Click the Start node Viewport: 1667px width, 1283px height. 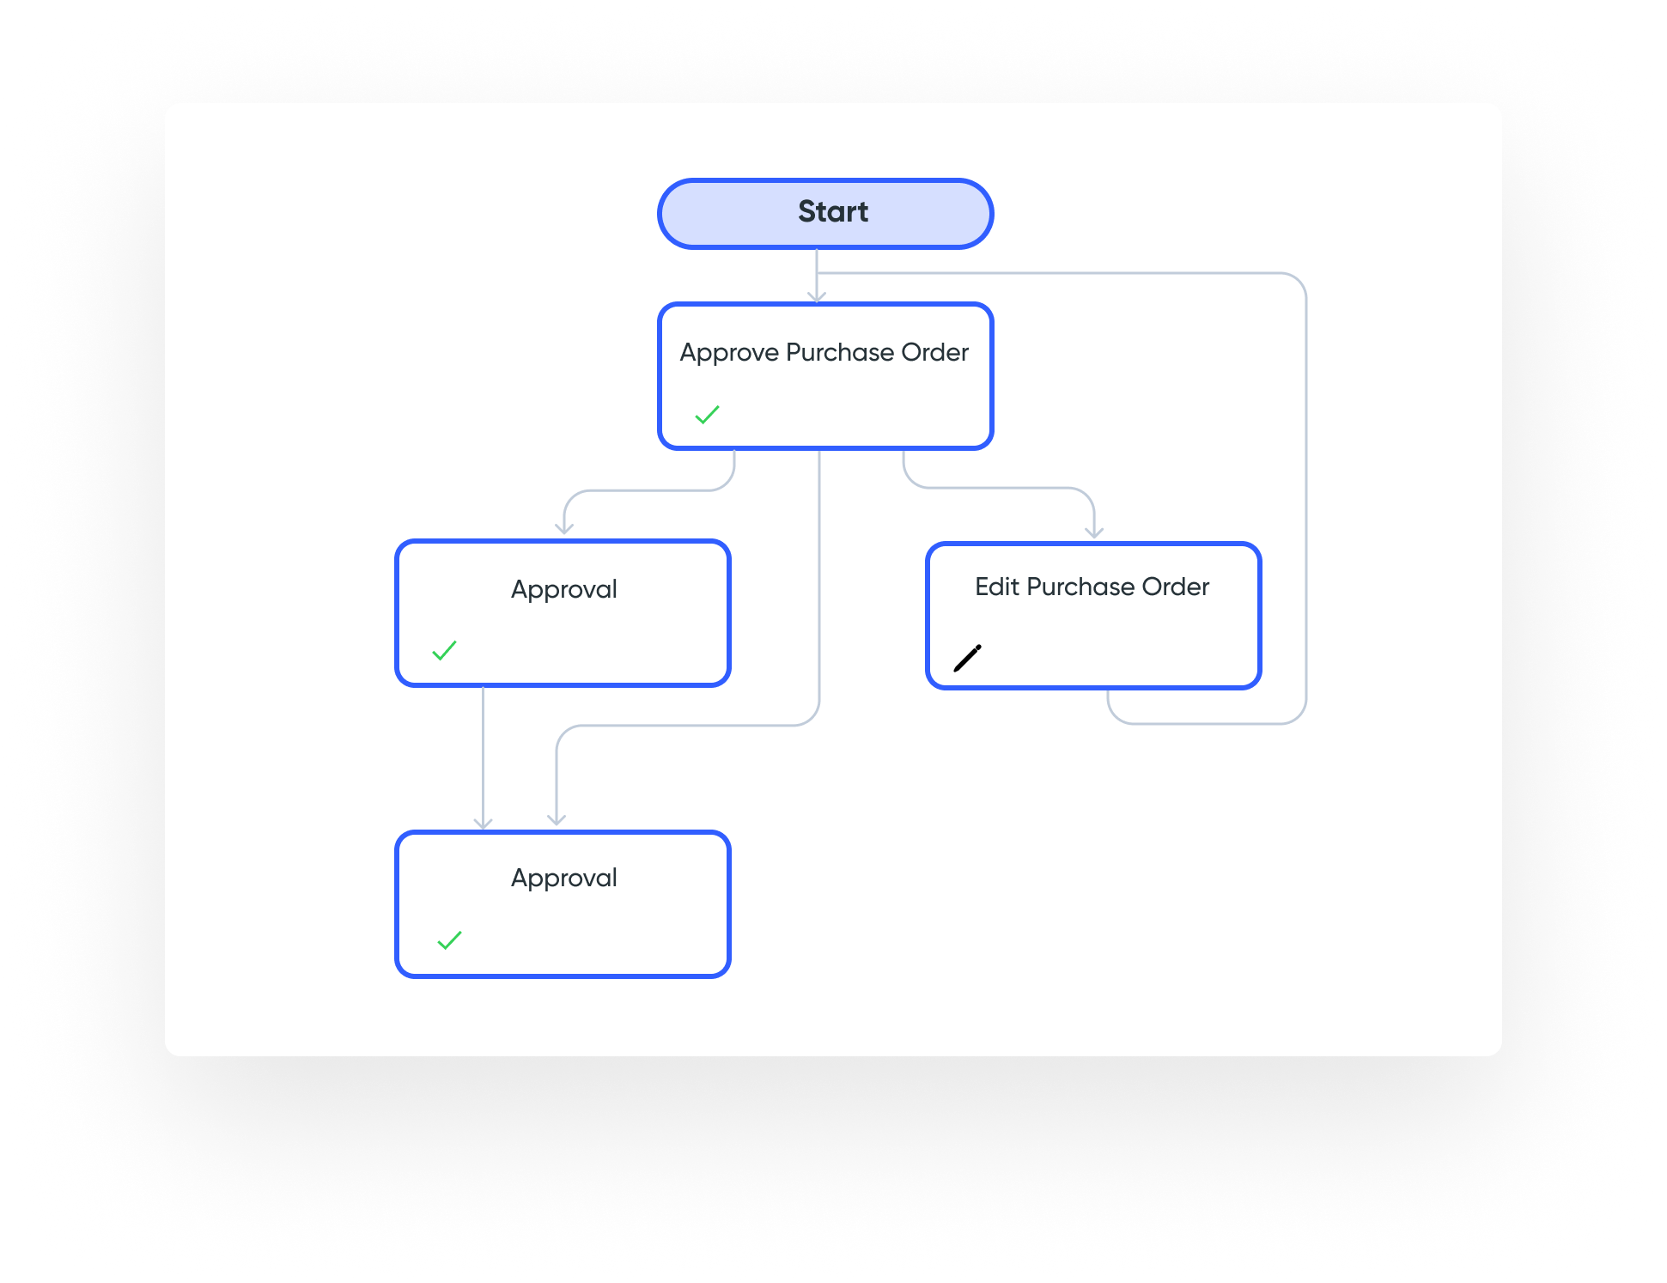coord(825,214)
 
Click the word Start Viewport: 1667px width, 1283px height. coord(833,211)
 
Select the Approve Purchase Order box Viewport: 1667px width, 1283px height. coord(825,376)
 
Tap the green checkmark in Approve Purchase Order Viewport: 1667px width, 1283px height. coord(707,415)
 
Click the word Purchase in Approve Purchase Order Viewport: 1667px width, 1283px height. coord(840,352)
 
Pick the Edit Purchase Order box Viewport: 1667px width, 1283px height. coord(1093,616)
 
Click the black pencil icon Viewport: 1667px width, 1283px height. coord(967,658)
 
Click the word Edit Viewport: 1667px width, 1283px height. coord(997,587)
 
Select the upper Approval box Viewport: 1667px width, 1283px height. coord(563,613)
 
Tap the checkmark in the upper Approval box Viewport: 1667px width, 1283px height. coord(444,650)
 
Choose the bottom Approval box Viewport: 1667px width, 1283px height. coord(563,904)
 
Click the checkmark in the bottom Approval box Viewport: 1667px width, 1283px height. coord(449,940)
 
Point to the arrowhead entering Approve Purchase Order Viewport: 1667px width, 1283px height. coord(817,297)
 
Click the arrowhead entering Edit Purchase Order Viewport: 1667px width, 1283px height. coord(1094,532)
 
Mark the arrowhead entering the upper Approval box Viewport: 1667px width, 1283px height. coord(564,528)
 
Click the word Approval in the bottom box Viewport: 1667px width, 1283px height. coord(564,878)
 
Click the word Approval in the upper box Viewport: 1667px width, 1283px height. coord(564,589)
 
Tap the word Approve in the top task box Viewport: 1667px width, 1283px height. coord(729,353)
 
